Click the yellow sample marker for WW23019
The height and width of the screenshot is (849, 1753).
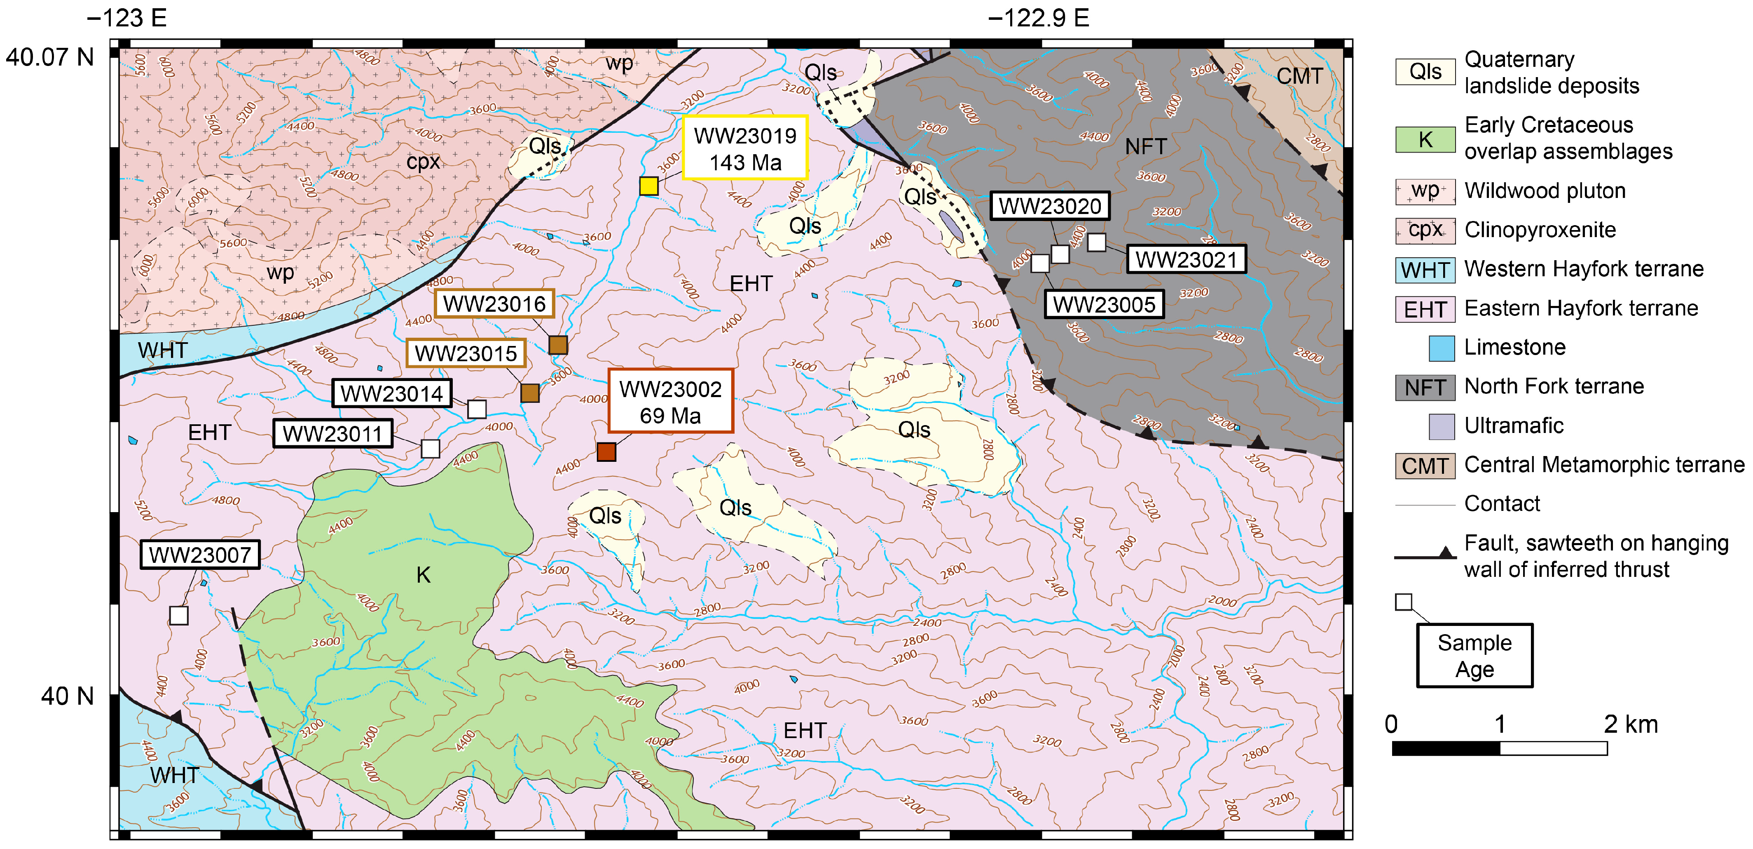pyautogui.click(x=648, y=186)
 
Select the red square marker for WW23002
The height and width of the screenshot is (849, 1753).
pyautogui.click(x=606, y=452)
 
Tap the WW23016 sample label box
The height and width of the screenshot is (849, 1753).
pyautogui.click(x=495, y=303)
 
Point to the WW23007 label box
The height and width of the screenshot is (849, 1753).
pyautogui.click(x=200, y=555)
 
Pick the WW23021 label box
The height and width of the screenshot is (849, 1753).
pyautogui.click(x=1186, y=259)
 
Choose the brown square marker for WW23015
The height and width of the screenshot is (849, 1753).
pyautogui.click(x=529, y=393)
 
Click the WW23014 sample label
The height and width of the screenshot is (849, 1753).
pyautogui.click(x=391, y=393)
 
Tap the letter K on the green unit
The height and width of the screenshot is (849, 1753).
pyautogui.click(x=423, y=575)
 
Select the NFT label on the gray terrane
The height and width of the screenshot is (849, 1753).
pyautogui.click(x=1146, y=146)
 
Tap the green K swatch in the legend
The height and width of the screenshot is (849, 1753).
pyautogui.click(x=1425, y=139)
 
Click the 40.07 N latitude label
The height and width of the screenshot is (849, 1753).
pyautogui.click(x=50, y=57)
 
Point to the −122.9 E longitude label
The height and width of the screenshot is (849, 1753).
pyautogui.click(x=1039, y=18)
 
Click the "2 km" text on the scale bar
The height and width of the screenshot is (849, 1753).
pyautogui.click(x=1631, y=724)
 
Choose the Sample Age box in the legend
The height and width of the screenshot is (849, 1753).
pyautogui.click(x=1474, y=656)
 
